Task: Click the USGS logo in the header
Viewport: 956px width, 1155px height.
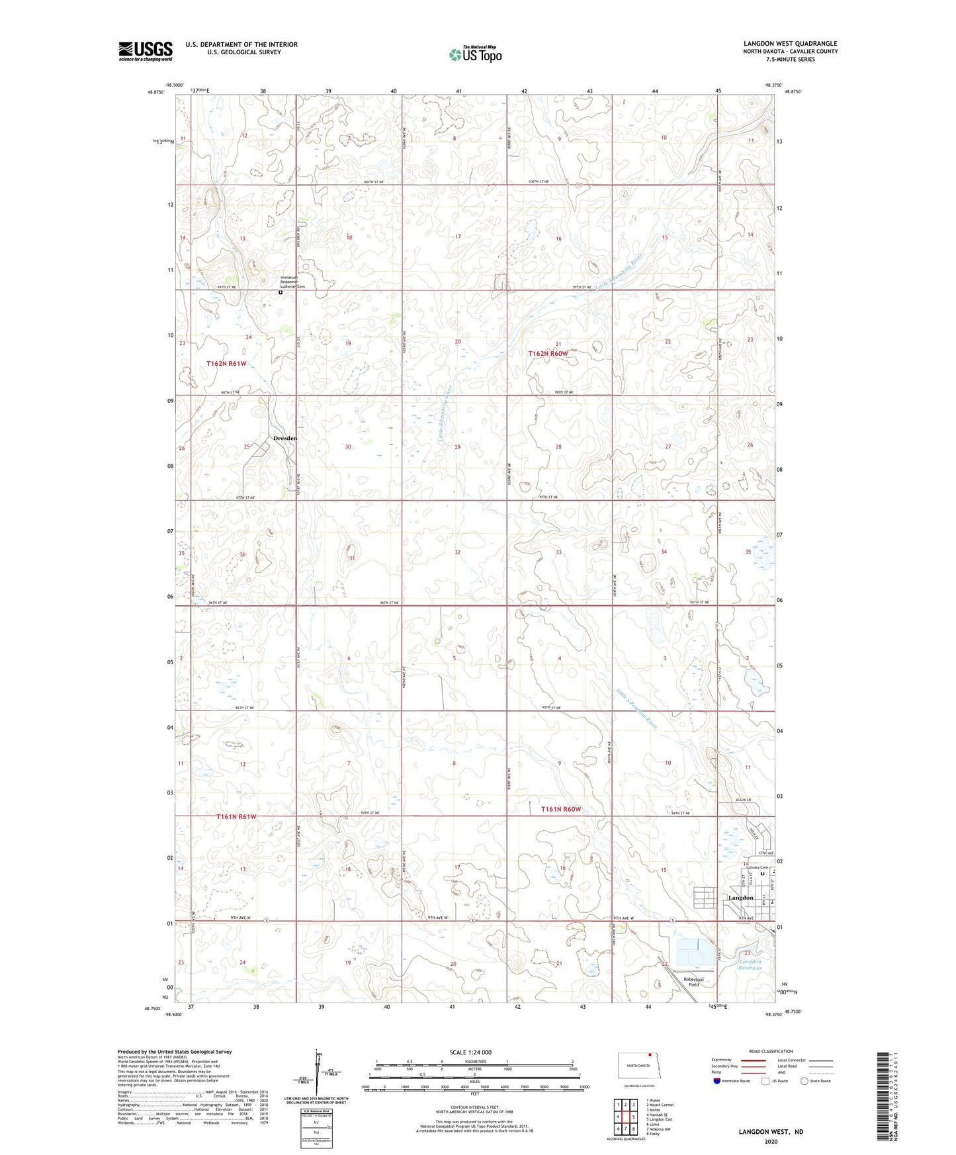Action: point(145,51)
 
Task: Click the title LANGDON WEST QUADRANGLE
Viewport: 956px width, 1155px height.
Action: point(790,44)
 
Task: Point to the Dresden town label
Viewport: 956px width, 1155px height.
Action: point(285,438)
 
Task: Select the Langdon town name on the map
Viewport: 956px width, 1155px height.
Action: point(740,898)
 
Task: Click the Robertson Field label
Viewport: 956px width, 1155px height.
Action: point(693,982)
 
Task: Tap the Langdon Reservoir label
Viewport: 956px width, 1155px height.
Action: point(750,964)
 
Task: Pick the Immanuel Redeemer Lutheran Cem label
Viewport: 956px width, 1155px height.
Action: point(292,282)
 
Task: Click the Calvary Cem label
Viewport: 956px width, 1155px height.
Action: point(755,868)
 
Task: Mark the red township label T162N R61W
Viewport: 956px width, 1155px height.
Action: point(226,364)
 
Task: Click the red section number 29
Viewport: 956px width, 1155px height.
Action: point(457,447)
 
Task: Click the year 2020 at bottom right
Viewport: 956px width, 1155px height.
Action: point(771,1141)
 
